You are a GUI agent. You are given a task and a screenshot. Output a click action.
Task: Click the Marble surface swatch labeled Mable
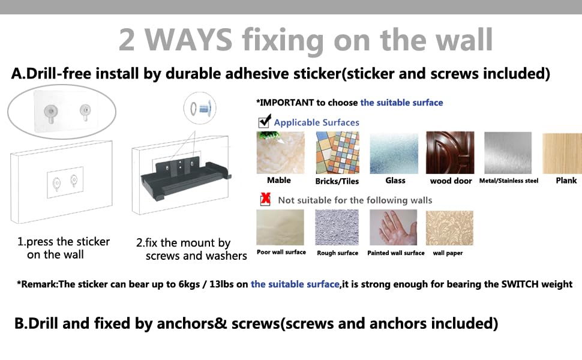(280, 152)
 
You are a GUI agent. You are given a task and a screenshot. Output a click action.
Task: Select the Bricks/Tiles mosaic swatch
(337, 152)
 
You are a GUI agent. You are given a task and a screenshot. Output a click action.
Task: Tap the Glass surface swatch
(394, 152)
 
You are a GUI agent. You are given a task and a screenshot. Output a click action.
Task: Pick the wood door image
(450, 152)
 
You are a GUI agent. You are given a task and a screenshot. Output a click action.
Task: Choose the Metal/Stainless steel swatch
(508, 152)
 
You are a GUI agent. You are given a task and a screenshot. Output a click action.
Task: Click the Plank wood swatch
(562, 153)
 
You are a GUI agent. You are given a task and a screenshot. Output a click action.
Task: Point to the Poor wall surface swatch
(280, 227)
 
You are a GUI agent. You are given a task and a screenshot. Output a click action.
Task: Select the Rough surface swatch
(337, 227)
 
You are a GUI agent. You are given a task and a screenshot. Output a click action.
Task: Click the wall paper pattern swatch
(449, 228)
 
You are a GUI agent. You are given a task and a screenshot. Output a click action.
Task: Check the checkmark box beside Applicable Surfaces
(264, 121)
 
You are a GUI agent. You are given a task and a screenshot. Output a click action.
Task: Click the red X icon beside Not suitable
(265, 199)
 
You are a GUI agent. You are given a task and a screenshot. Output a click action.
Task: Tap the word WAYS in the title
(188, 40)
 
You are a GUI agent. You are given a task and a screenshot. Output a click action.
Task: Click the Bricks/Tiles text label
(337, 181)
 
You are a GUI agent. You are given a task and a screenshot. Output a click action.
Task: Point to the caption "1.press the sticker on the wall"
(64, 248)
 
